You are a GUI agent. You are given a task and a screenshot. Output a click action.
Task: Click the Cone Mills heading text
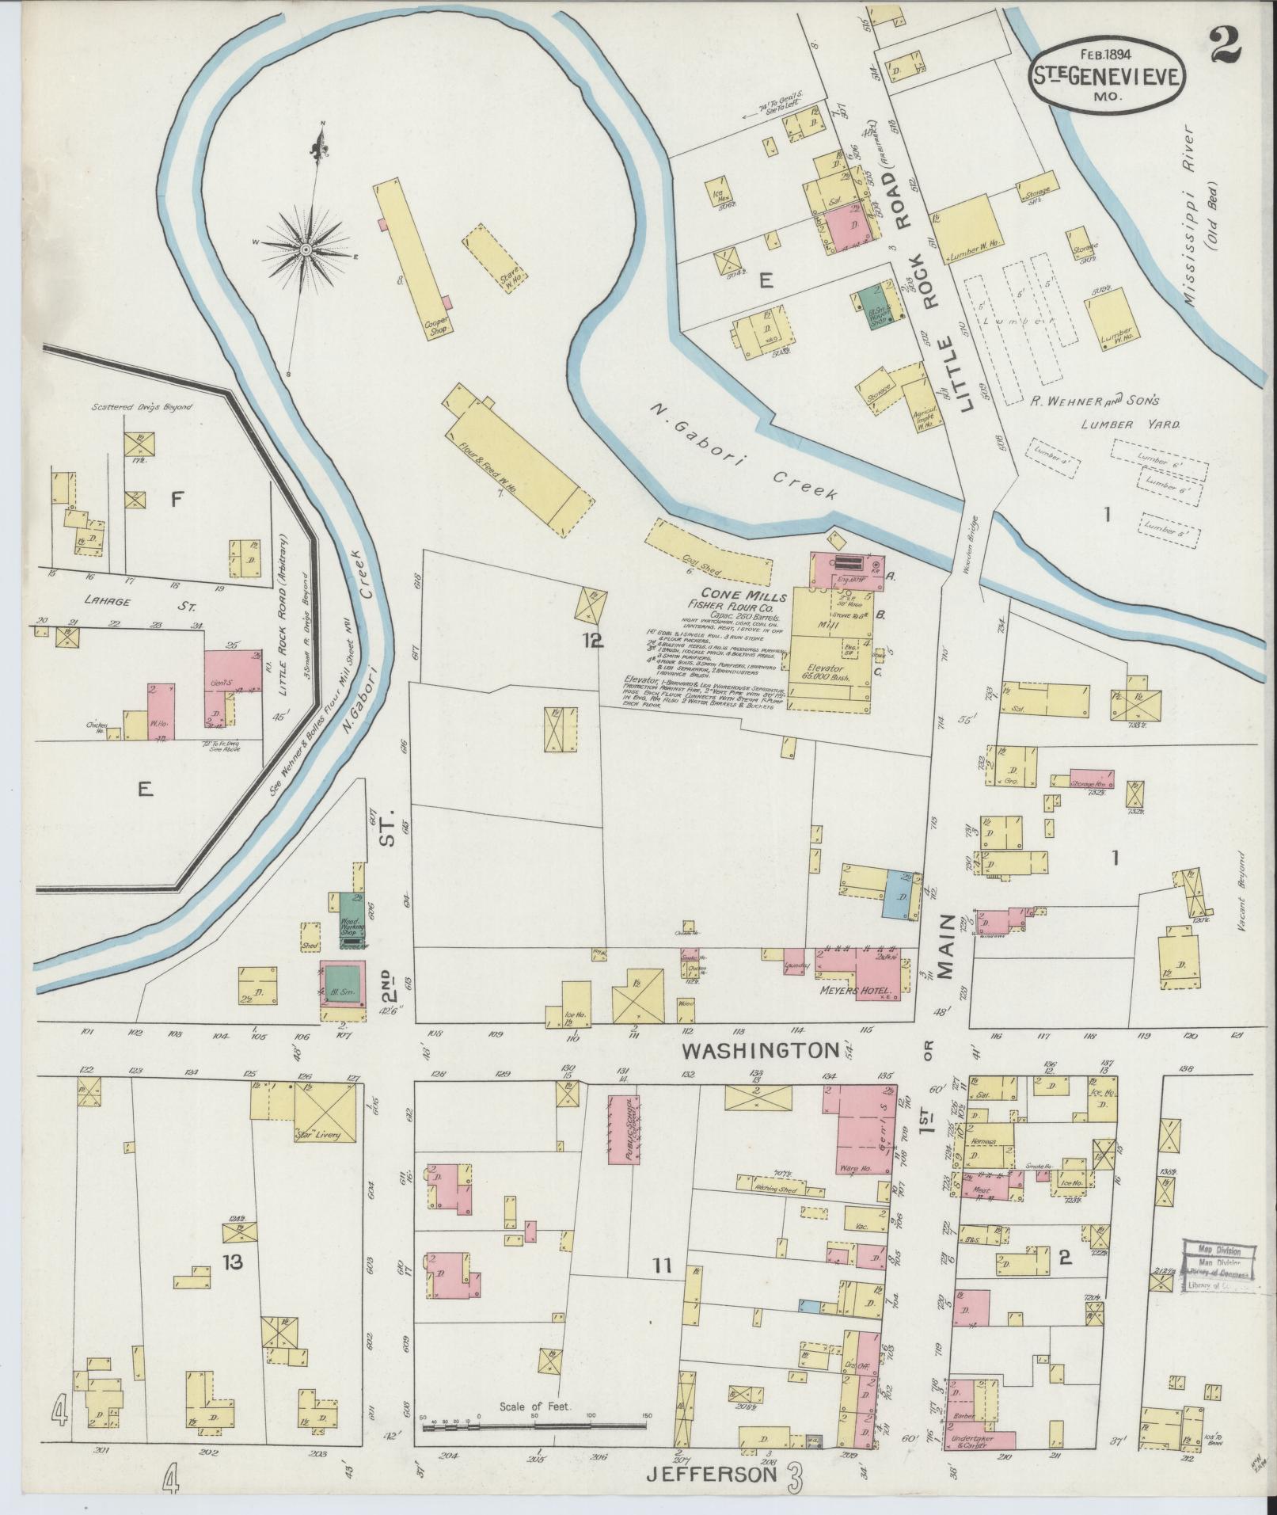click(x=730, y=595)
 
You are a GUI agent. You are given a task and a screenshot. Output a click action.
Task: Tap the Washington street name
click(x=760, y=1051)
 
